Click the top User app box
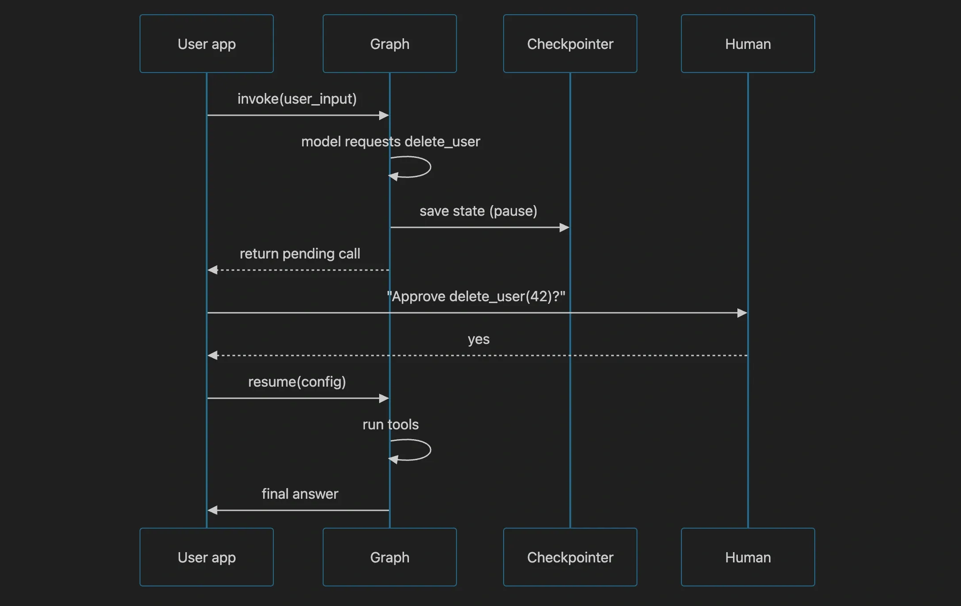(x=207, y=44)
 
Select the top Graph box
(x=390, y=44)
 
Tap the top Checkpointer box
(x=570, y=44)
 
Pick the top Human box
(x=748, y=44)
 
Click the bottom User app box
(x=207, y=557)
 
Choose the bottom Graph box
(x=390, y=557)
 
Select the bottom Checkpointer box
(x=570, y=557)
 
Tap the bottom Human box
(x=748, y=557)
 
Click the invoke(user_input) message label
(x=297, y=99)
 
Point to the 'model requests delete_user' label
(x=391, y=141)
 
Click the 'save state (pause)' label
(x=478, y=211)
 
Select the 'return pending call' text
(x=300, y=254)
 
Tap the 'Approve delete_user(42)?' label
(x=476, y=296)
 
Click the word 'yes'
(x=479, y=339)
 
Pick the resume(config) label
(x=297, y=382)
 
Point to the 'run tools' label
(x=391, y=424)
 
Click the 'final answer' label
(x=300, y=494)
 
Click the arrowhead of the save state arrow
(x=565, y=227)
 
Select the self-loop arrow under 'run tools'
(x=430, y=450)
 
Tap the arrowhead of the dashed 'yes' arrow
(x=212, y=356)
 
